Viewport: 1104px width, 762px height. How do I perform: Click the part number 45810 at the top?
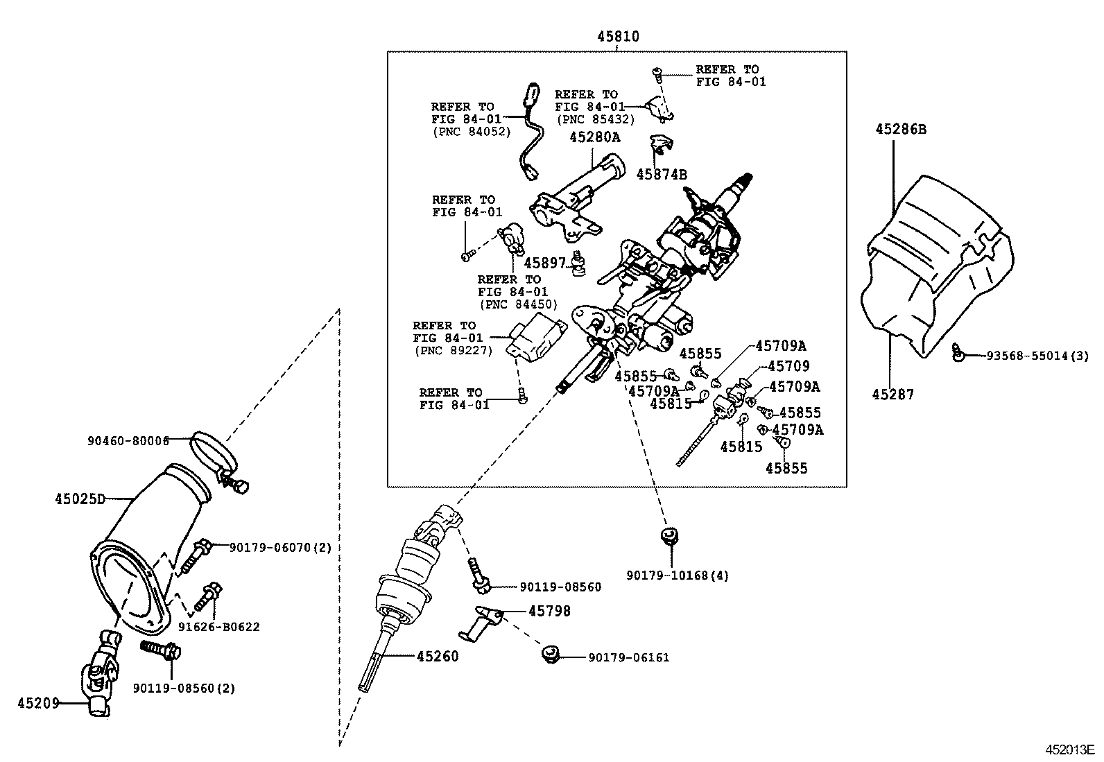tap(618, 37)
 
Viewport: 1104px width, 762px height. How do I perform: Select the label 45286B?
tap(900, 129)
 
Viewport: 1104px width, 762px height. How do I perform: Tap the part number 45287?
tap(892, 395)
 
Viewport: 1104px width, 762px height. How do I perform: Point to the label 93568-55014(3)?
tap(1037, 356)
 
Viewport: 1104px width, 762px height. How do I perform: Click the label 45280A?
tap(595, 137)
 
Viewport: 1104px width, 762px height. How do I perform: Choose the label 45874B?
tap(662, 175)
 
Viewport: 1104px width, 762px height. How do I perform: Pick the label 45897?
tap(544, 263)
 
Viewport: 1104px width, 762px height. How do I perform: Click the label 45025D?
tap(80, 499)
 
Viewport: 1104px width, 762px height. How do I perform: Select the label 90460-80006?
tap(128, 441)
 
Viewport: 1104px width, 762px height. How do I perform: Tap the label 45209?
tap(38, 703)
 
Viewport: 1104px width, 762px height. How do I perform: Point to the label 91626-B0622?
tap(219, 627)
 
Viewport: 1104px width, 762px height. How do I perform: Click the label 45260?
tap(437, 656)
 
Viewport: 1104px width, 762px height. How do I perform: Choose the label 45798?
tap(549, 611)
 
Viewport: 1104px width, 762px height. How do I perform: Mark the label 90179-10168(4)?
tap(678, 575)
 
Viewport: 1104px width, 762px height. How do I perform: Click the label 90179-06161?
tap(629, 657)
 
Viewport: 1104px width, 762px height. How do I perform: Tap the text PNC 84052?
tap(472, 132)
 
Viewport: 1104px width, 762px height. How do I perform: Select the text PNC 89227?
tap(454, 350)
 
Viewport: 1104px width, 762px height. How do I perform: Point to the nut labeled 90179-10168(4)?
tap(669, 536)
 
